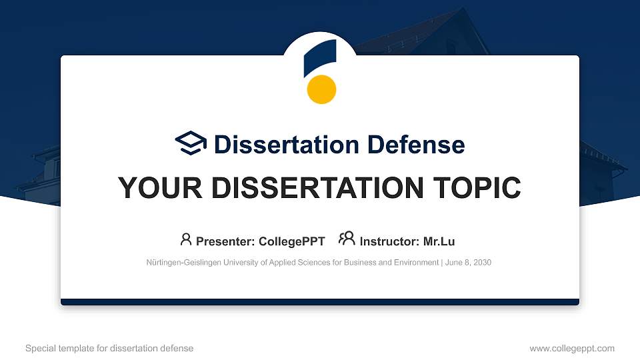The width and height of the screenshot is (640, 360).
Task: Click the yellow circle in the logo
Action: click(x=321, y=89)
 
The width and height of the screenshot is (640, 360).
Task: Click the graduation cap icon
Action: click(x=191, y=143)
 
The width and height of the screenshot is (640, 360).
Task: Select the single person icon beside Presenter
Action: click(x=186, y=239)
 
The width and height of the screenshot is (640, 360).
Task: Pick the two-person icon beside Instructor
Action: click(x=347, y=239)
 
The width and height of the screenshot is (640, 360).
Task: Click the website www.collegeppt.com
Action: click(x=571, y=348)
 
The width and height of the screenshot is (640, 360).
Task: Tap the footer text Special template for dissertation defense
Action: click(x=109, y=348)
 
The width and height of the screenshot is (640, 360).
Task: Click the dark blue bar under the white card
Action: click(x=320, y=302)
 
